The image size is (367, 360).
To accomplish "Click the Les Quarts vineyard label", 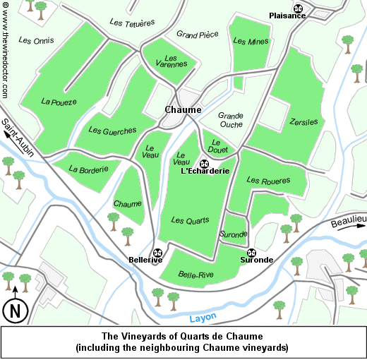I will pos(190,221).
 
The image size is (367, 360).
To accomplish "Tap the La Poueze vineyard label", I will pos(59,102).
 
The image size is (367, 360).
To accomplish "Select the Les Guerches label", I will pos(113,131).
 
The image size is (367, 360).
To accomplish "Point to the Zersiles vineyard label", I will pos(303,122).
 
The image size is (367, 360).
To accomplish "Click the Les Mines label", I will pos(251,42).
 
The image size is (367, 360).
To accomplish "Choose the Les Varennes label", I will pos(171,61).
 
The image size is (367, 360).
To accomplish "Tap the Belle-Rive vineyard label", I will pos(196,275).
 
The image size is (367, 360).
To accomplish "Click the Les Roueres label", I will pos(268,181).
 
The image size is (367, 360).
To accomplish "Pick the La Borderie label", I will pos(89,169).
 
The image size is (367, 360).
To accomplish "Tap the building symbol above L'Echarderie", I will pos(205,164).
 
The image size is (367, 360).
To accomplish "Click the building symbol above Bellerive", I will pos(157,253).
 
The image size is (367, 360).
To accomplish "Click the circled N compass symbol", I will pos(15,310).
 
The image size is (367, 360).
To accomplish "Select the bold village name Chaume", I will pos(183,110).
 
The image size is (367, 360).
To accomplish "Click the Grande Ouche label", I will pos(231,120).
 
